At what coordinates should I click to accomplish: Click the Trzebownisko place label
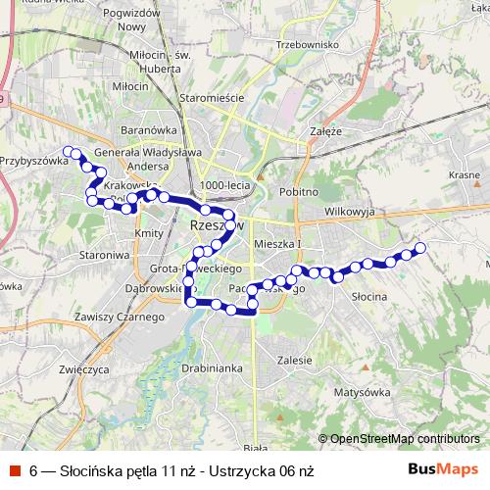tap(307, 44)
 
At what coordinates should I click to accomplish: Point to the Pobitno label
tap(298, 192)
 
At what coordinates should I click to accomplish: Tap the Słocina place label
tap(370, 295)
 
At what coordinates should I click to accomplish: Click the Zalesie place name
tap(294, 360)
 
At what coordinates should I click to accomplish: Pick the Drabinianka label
tap(212, 368)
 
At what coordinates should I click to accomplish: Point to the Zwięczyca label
tap(82, 369)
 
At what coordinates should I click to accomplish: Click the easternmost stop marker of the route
tap(422, 248)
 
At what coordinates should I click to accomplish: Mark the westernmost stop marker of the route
tap(69, 151)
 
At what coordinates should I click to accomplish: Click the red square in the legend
tap(15, 470)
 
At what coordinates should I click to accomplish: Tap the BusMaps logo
tap(443, 469)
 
